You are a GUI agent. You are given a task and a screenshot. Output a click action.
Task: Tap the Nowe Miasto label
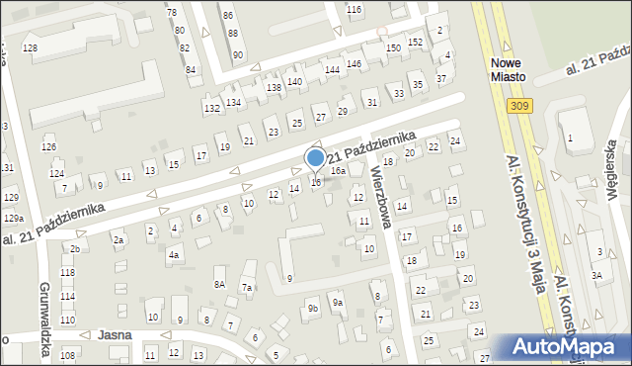pyautogui.click(x=511, y=68)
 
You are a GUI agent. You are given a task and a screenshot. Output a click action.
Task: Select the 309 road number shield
pyautogui.click(x=519, y=105)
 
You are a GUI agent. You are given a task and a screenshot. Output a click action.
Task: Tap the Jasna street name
pyautogui.click(x=116, y=335)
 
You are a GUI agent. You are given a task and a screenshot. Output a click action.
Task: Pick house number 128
pyautogui.click(x=30, y=48)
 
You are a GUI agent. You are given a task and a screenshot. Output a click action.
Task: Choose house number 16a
pyautogui.click(x=338, y=171)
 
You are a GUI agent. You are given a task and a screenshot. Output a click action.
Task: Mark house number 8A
pyautogui.click(x=220, y=284)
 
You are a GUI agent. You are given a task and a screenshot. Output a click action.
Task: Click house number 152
pyautogui.click(x=417, y=42)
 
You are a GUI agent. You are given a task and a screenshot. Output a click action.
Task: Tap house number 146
pyautogui.click(x=354, y=63)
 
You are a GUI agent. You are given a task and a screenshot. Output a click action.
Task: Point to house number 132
pyautogui.click(x=211, y=108)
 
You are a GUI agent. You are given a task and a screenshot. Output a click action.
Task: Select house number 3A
pyautogui.click(x=596, y=275)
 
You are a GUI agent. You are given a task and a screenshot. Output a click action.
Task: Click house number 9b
pyautogui.click(x=313, y=309)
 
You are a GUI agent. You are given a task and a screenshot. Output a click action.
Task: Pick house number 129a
pyautogui.click(x=13, y=218)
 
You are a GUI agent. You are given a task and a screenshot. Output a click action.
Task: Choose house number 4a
pyautogui.click(x=174, y=255)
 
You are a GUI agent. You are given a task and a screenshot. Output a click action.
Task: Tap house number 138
pyautogui.click(x=274, y=88)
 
